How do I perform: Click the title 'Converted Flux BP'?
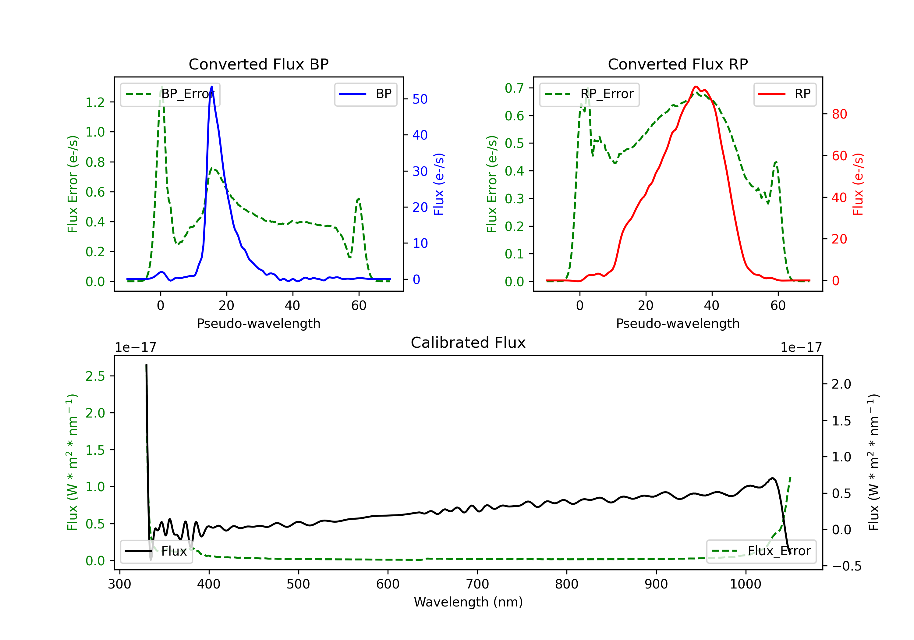pyautogui.click(x=258, y=64)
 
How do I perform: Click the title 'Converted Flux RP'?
pyautogui.click(x=678, y=64)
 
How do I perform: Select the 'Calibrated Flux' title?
pyautogui.click(x=468, y=343)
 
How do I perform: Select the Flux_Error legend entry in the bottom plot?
pyautogui.click(x=761, y=551)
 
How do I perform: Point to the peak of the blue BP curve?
pyautogui.click(x=211, y=87)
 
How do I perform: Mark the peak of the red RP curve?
pyautogui.click(x=696, y=87)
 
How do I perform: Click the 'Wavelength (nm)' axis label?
pyautogui.click(x=468, y=602)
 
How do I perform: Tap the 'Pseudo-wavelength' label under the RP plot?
pyautogui.click(x=678, y=323)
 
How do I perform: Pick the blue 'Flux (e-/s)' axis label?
pyautogui.click(x=439, y=184)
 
